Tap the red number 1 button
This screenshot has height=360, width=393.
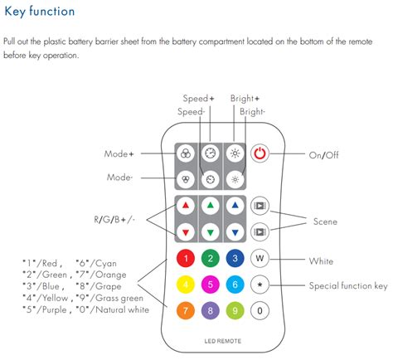pyautogui.click(x=186, y=258)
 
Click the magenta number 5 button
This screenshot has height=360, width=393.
pyautogui.click(x=211, y=285)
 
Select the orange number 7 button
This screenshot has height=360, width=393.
pyautogui.click(x=186, y=310)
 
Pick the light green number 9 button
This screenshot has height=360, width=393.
pyautogui.click(x=235, y=310)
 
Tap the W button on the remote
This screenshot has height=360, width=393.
pyautogui.click(x=260, y=258)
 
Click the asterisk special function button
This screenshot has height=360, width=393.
pyautogui.click(x=260, y=285)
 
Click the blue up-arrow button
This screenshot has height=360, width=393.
pyautogui.click(x=235, y=206)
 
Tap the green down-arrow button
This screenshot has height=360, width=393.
pyautogui.click(x=211, y=232)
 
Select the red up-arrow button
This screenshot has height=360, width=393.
pyautogui.click(x=186, y=206)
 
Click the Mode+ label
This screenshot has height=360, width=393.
pyautogui.click(x=119, y=154)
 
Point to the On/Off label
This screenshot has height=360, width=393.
pyautogui.click(x=323, y=155)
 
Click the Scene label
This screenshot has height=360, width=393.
pyautogui.click(x=325, y=221)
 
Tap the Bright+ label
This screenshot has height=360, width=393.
pyautogui.click(x=245, y=99)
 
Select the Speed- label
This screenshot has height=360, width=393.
pyautogui.click(x=192, y=112)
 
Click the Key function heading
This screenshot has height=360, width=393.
pyautogui.click(x=40, y=12)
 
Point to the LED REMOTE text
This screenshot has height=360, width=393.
pyautogui.click(x=223, y=341)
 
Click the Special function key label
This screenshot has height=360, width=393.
pyautogui.click(x=348, y=285)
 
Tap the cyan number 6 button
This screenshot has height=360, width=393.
pyautogui.click(x=235, y=285)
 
